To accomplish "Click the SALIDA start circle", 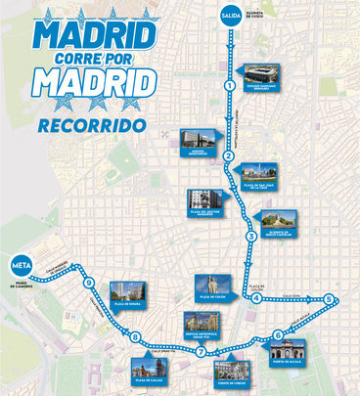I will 231,16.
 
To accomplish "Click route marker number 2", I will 228,155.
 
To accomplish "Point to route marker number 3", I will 250,237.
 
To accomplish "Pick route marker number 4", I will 256,299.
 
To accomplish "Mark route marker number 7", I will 201,351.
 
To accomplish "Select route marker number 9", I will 89,284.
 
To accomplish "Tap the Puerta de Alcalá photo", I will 295,350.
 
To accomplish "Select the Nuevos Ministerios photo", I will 200,140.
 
